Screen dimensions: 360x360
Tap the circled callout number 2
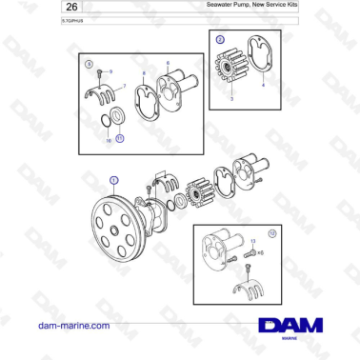[x=220, y=40]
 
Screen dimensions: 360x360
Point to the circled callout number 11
[x=119, y=138]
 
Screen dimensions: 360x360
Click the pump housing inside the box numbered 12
[x=220, y=250]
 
